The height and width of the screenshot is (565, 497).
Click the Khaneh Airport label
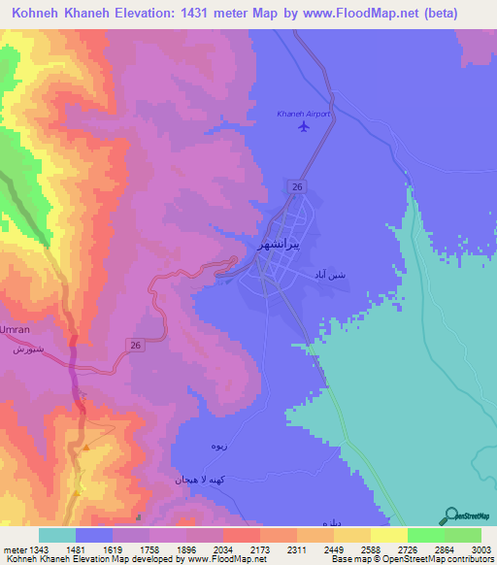303,114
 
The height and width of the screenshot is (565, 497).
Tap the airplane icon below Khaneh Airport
304,126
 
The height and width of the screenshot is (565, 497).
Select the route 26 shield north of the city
296,185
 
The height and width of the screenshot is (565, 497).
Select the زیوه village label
220,445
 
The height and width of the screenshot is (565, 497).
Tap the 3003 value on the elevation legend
480,550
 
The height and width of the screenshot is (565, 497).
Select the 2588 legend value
370,550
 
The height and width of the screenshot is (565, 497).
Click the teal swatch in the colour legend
57,535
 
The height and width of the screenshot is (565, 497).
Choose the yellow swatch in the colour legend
389,535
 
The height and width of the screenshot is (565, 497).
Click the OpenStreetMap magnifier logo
450,515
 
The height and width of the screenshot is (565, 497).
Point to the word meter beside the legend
16,550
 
